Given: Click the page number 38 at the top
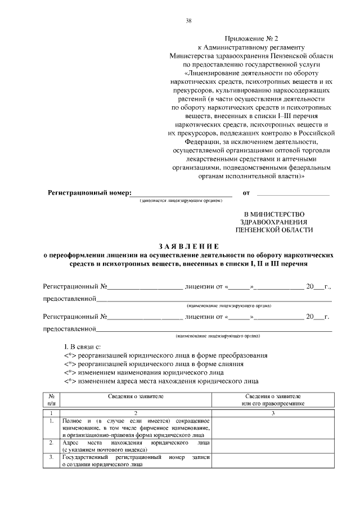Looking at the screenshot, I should [188, 21].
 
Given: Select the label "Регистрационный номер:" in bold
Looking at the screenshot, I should [89, 193].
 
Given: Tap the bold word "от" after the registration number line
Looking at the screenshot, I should [246, 193].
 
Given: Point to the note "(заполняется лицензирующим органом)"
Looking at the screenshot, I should [182, 200].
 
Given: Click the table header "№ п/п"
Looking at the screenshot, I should [51, 399].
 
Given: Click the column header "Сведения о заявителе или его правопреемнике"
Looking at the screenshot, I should [273, 399].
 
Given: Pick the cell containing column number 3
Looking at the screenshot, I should [273, 413].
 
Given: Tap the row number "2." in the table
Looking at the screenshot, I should [51, 443].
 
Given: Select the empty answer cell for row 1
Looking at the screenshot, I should [273, 427].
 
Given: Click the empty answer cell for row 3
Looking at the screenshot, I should [273, 461].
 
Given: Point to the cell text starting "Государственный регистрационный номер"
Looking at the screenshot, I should [136, 461].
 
